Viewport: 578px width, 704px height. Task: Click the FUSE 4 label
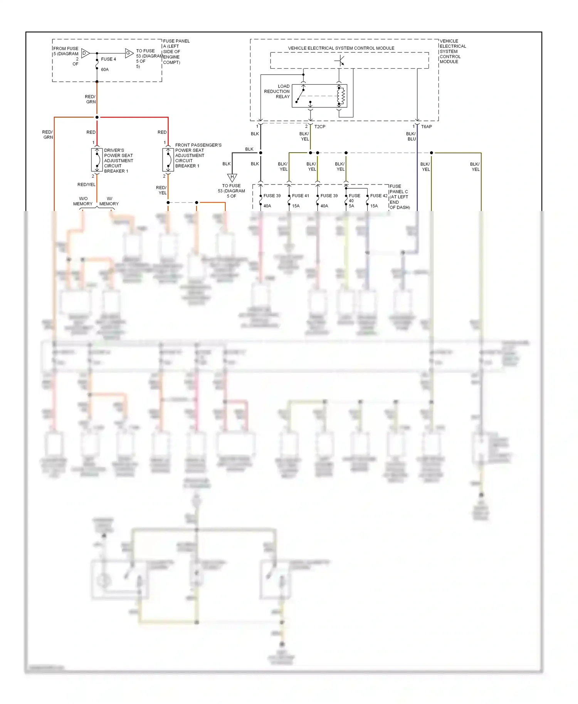108,59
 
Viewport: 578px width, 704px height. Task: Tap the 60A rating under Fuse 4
105,70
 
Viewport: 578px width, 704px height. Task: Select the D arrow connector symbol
85,53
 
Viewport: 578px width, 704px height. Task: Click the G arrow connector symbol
129,53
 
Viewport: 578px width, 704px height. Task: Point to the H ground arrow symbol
232,177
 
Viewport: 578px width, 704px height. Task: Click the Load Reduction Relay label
277,92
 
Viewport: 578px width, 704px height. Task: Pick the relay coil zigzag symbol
341,96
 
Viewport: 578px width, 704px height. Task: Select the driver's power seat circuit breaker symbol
97,160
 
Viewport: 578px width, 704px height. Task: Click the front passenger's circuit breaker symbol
168,160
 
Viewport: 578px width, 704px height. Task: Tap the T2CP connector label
320,127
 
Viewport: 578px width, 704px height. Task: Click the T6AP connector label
427,127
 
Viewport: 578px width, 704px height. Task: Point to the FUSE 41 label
301,196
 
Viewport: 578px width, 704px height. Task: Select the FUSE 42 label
379,196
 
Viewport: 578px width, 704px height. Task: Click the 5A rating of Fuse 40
351,206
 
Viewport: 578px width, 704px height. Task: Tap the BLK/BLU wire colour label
411,136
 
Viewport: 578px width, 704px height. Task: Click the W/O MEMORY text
83,201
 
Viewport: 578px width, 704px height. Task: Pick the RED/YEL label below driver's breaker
86,185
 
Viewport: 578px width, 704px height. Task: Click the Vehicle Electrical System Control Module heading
341,48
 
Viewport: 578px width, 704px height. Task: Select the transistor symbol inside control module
340,61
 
